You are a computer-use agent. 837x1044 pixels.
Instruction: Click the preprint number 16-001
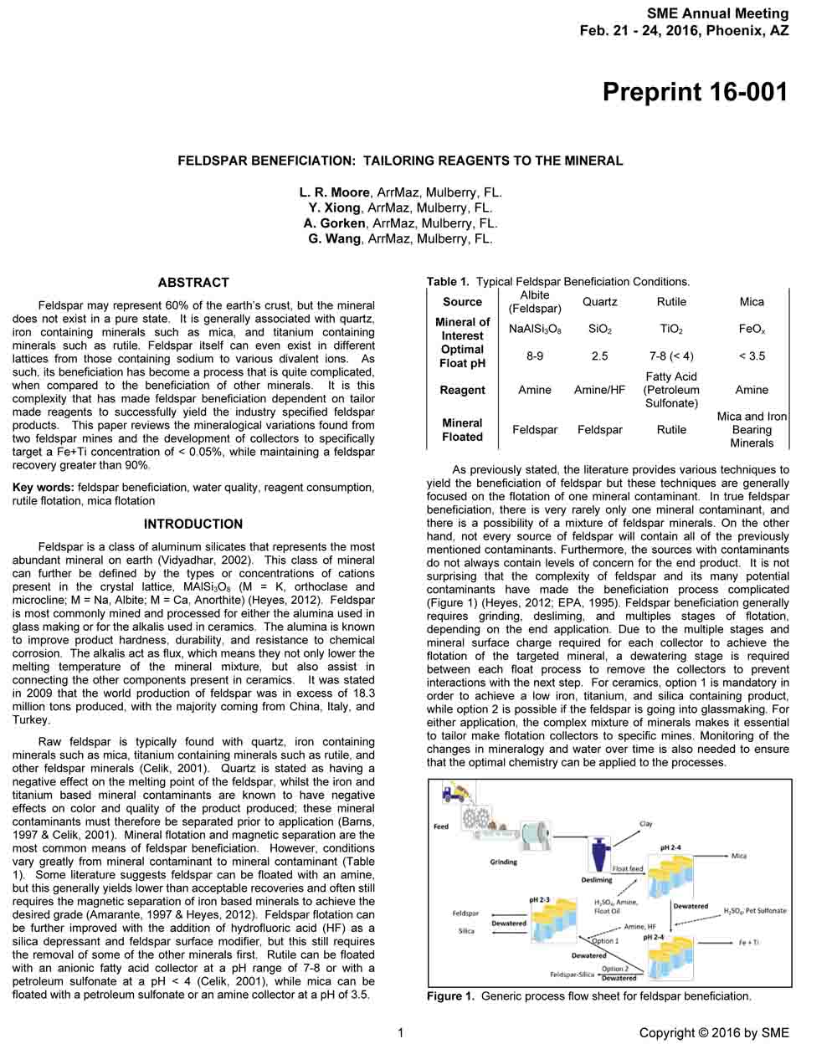click(695, 91)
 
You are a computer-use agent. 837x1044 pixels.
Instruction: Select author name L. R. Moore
click(335, 192)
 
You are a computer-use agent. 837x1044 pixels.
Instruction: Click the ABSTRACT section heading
click(193, 283)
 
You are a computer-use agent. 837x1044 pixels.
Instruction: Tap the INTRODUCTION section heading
click(193, 525)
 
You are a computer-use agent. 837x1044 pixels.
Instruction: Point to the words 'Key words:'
click(43, 488)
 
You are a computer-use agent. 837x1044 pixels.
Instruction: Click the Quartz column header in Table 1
click(599, 302)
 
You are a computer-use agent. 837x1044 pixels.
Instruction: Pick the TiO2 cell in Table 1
click(671, 330)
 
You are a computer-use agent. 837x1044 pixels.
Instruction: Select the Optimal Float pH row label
click(462, 356)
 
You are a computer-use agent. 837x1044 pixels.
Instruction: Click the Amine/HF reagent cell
click(599, 390)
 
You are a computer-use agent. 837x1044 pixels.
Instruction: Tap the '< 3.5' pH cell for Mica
click(752, 356)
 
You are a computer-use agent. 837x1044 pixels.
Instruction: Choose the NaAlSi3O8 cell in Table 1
click(535, 330)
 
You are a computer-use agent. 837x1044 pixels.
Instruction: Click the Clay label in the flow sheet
click(645, 824)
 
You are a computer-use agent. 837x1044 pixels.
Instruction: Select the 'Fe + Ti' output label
click(748, 943)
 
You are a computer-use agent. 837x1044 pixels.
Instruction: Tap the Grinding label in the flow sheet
click(503, 862)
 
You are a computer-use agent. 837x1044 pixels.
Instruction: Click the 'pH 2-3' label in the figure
click(540, 900)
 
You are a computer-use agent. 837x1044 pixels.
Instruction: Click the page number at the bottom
click(401, 1033)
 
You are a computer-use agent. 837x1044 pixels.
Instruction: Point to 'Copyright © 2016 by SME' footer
click(713, 1033)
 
